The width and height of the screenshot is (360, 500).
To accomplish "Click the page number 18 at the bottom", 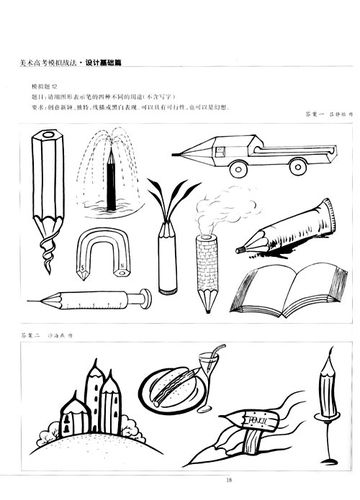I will [x=181, y=477].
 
